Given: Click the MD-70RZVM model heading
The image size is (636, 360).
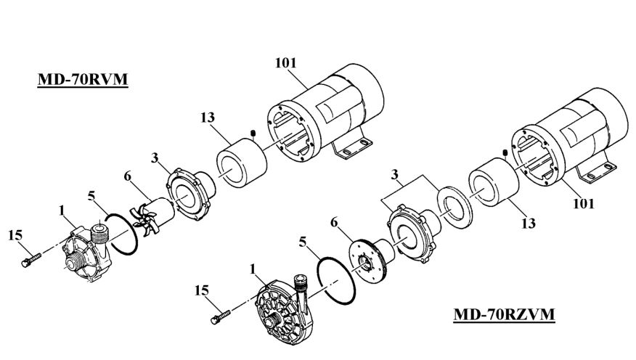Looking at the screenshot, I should (504, 314).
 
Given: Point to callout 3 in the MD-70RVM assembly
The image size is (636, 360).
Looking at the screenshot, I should (155, 157).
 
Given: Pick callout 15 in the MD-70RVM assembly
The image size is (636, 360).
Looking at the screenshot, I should (15, 234).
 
